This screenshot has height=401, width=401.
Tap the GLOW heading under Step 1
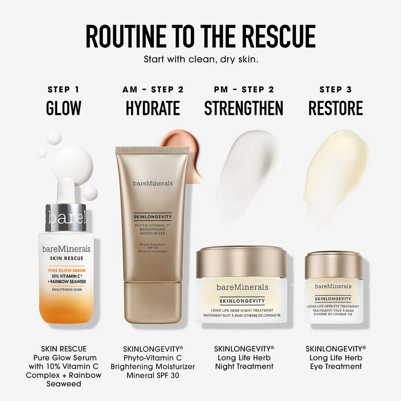tap(63, 108)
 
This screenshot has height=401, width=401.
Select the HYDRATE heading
tap(153, 108)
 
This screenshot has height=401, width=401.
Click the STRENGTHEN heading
tap(244, 108)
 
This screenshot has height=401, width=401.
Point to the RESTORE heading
tap(336, 108)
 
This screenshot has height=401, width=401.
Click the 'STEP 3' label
tap(336, 90)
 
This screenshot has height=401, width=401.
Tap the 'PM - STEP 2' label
tap(244, 90)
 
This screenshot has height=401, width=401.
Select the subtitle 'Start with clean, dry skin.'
tap(201, 60)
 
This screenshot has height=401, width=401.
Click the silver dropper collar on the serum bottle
tap(66, 217)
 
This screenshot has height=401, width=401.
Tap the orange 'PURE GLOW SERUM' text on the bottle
tap(67, 270)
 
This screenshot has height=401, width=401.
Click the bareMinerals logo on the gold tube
tap(153, 183)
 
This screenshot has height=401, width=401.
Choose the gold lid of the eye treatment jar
tap(334, 265)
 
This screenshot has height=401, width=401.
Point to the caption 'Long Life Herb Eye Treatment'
tap(336, 362)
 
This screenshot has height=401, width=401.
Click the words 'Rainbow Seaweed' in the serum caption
tap(64, 379)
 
